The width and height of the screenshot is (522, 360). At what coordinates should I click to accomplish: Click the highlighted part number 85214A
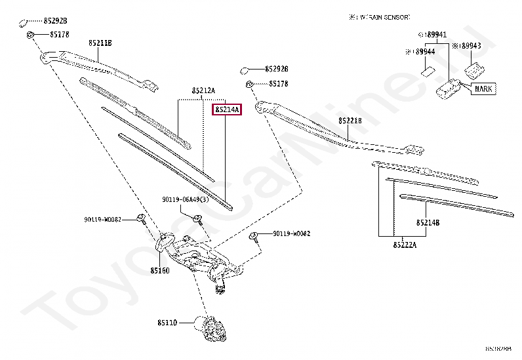[x=227, y=110]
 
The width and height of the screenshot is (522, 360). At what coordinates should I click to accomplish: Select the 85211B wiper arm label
[x=100, y=43]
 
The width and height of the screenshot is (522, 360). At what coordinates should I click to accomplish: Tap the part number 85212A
[x=203, y=90]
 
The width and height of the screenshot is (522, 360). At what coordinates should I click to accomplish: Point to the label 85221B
[x=350, y=121]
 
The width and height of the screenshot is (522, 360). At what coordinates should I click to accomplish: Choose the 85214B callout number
[x=428, y=223]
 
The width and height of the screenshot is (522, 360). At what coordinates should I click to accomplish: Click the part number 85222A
[x=405, y=245]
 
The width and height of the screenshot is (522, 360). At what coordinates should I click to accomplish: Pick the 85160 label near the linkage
[x=159, y=270]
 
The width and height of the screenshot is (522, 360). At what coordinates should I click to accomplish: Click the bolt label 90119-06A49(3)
[x=186, y=199]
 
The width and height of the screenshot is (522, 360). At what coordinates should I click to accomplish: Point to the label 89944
[x=420, y=51]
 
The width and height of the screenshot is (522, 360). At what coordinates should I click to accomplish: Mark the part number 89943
[x=468, y=47]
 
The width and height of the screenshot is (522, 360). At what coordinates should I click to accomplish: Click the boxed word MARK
[x=483, y=89]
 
